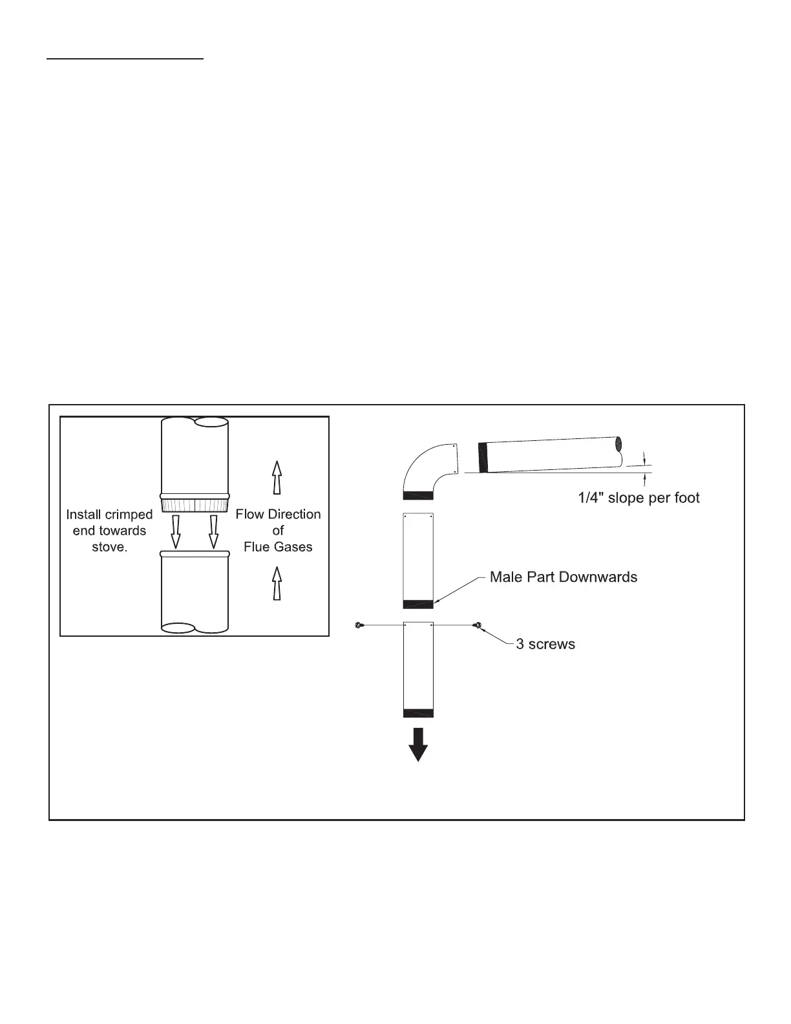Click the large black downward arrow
click(x=418, y=744)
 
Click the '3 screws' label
click(x=545, y=644)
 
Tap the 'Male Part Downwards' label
click(x=563, y=577)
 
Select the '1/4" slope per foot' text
click(x=638, y=498)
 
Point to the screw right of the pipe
click(x=478, y=625)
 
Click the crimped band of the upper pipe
click(x=194, y=504)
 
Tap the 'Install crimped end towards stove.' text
click(x=109, y=531)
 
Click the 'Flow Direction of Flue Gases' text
click(x=278, y=531)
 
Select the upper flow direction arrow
click(x=277, y=478)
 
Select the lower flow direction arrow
click(x=277, y=583)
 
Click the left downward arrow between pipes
click(x=175, y=531)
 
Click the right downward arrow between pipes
click(x=213, y=531)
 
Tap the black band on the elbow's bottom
click(x=417, y=495)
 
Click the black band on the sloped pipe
click(x=482, y=457)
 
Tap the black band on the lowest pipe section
click(x=417, y=713)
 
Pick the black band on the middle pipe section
click(x=417, y=604)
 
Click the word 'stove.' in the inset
click(x=109, y=547)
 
